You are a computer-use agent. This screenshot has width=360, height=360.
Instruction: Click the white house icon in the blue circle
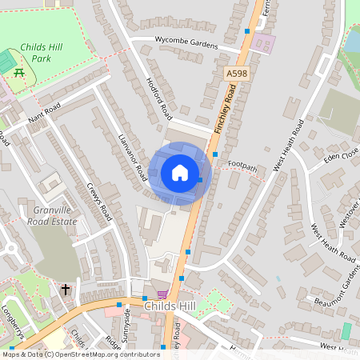coord(180,173)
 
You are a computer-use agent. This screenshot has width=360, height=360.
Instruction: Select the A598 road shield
coord(234,74)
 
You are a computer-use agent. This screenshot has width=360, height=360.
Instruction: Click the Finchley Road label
coord(228,110)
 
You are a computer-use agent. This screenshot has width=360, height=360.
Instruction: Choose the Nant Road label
coord(44,116)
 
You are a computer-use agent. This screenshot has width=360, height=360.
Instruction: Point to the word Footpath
coord(243,165)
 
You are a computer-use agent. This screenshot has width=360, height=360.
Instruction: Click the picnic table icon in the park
coord(18,73)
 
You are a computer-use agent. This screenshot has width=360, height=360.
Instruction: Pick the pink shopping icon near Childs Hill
coord(162,294)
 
